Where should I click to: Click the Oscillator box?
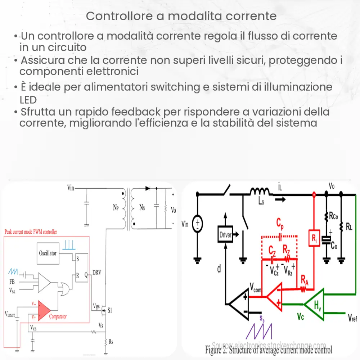(x=48, y=253)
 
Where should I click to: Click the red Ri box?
(x=314, y=238)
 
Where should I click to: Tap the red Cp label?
(x=279, y=224)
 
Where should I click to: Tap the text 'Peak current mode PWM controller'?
(x=31, y=232)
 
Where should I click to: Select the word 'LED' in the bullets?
(x=28, y=99)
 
